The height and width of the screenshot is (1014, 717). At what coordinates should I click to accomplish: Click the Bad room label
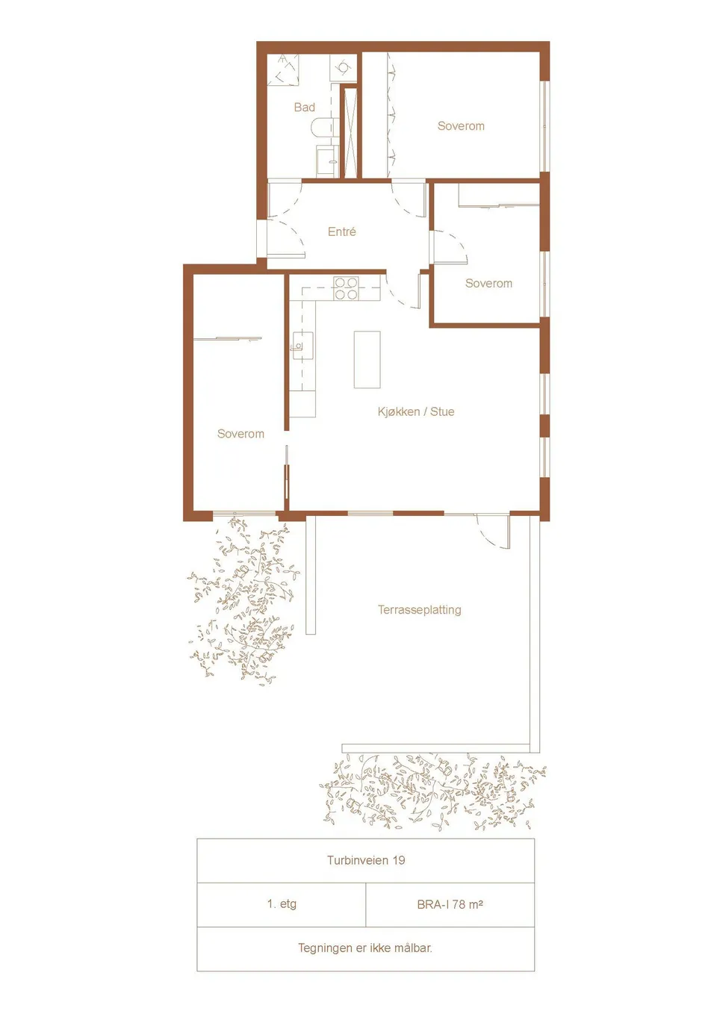[304, 108]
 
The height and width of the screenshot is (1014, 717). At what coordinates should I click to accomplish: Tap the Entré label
[342, 231]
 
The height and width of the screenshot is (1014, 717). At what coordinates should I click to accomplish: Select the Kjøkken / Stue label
[416, 411]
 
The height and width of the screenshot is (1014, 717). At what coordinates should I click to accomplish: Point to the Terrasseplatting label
[420, 610]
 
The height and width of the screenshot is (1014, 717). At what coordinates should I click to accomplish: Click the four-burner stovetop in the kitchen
[347, 288]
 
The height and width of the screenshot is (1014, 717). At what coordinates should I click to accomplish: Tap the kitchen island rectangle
[367, 359]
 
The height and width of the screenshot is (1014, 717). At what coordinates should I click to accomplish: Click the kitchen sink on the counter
[302, 346]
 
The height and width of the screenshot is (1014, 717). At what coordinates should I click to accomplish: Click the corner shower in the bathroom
[283, 69]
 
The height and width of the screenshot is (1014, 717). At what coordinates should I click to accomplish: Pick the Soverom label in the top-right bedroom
[461, 126]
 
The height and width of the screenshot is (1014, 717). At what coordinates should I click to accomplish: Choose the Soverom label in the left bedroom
[240, 434]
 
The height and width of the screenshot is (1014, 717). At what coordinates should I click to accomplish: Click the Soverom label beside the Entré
[488, 284]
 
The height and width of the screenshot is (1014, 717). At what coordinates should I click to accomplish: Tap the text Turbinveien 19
[366, 860]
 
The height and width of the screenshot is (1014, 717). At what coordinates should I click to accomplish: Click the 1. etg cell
[281, 904]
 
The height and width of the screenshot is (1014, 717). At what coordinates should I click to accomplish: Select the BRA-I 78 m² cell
[450, 904]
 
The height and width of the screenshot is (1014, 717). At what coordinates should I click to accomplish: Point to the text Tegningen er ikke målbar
[364, 948]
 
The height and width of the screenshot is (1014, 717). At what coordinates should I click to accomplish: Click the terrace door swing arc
[487, 535]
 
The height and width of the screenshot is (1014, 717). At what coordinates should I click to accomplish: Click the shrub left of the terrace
[243, 601]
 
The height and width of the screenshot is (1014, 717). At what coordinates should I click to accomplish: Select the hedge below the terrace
[432, 793]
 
